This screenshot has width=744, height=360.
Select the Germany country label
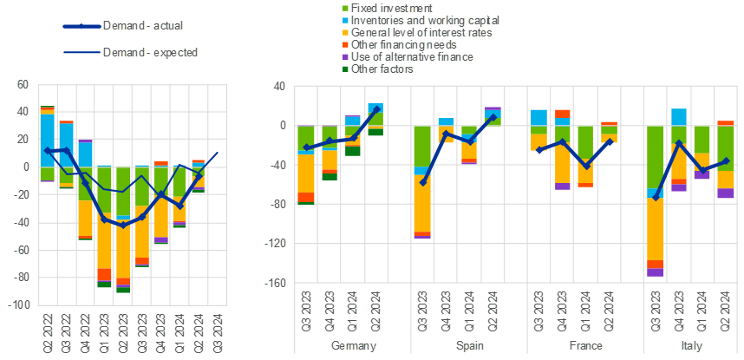click(x=354, y=345)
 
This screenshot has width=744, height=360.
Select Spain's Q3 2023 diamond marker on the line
click(x=422, y=182)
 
